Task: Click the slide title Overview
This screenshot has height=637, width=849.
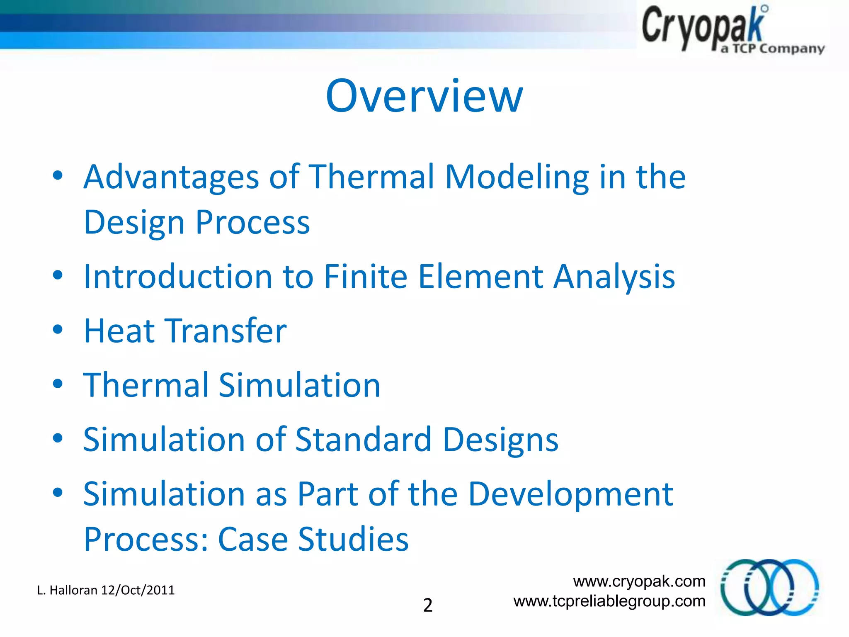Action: [424, 96]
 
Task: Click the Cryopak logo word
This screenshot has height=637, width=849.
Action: [703, 27]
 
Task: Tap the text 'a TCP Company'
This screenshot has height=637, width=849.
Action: [772, 49]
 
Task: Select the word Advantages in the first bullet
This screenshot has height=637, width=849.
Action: [171, 177]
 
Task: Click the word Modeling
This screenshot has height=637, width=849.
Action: [517, 177]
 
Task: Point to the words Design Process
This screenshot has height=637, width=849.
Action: [196, 223]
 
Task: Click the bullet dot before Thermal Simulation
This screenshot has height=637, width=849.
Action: [58, 384]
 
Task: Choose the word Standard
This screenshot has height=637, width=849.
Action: [363, 439]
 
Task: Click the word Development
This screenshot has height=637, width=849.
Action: [570, 494]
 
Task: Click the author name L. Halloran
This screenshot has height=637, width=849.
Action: [67, 590]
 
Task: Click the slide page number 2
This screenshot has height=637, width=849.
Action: [427, 605]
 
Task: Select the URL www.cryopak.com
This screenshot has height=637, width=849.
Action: [639, 581]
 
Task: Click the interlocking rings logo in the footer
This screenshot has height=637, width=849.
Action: [769, 587]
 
